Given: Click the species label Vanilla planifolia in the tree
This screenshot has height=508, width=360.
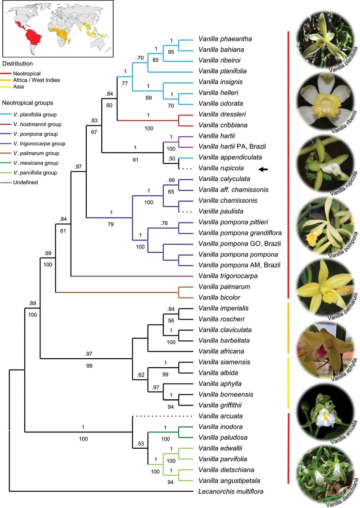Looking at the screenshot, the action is click(x=222, y=71).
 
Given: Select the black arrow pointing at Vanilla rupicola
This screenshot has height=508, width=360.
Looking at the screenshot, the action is click(x=263, y=169).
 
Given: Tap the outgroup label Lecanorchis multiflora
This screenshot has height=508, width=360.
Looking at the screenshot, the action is click(x=231, y=491).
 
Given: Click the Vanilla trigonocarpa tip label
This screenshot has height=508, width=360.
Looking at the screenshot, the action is click(x=228, y=276).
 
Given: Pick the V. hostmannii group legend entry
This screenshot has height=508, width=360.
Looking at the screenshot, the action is click(x=32, y=125).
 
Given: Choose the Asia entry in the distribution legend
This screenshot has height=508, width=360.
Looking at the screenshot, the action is click(x=13, y=87).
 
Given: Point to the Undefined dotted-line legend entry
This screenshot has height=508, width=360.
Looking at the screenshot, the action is click(x=20, y=183).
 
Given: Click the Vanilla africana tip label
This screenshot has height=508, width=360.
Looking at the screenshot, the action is click(x=221, y=352).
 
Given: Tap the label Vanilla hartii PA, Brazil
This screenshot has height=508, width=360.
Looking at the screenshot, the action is click(x=232, y=147).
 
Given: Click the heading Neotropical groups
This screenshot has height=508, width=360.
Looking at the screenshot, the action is click(x=27, y=103).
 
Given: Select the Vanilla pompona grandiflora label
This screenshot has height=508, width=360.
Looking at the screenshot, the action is click(x=240, y=233).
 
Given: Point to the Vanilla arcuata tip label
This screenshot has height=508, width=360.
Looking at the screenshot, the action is click(x=220, y=416).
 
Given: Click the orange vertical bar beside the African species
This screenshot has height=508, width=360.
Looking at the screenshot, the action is click(x=288, y=328).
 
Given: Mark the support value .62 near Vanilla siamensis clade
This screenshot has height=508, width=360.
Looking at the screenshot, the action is click(x=140, y=375).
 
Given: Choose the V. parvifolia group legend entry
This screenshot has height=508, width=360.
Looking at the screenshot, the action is click(x=31, y=173).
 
